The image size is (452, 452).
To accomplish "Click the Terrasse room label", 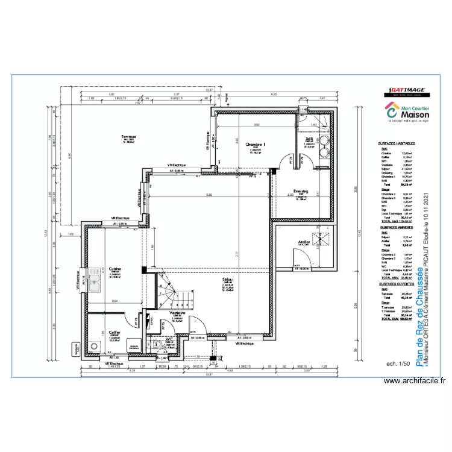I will pyautogui.click(x=128, y=137).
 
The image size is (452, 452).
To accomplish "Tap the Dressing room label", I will pyautogui.click(x=300, y=192).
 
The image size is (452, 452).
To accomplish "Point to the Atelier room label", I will pyautogui.click(x=304, y=243).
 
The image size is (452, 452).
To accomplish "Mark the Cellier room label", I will pyautogui.click(x=113, y=331).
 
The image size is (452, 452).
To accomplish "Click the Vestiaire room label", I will pyautogui.click(x=177, y=313).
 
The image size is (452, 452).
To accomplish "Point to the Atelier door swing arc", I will pyautogui.click(x=297, y=260).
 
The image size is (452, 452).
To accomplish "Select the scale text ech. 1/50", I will pyautogui.click(x=398, y=364).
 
